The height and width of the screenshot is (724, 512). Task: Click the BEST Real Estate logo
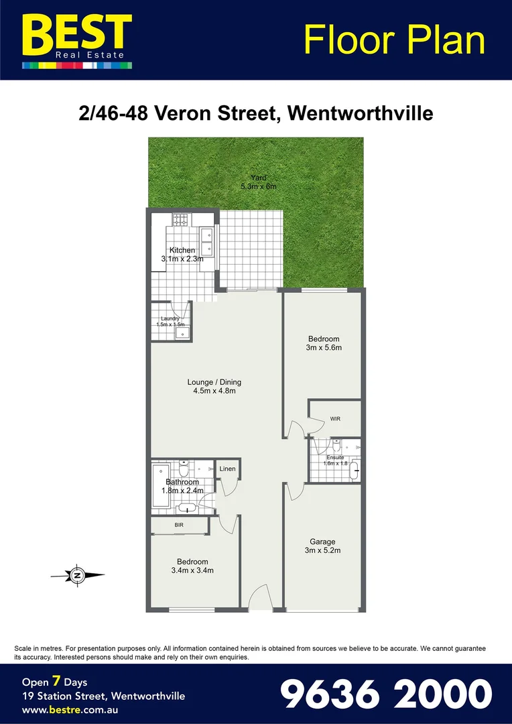[x=76, y=40]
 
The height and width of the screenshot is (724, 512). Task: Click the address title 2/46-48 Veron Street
[x=255, y=113]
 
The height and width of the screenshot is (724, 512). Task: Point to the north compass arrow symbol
[x=78, y=575]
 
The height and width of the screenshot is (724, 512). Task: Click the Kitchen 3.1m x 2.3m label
[x=182, y=255]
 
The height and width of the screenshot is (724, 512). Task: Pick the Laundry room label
[x=170, y=322]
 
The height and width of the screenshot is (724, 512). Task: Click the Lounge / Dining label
[x=214, y=387]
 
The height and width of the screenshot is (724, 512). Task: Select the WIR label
[x=335, y=418]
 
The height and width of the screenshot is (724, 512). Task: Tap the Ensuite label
[x=335, y=460]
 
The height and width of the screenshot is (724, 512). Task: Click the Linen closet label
[x=227, y=469]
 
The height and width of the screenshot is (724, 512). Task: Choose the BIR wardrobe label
[x=179, y=526]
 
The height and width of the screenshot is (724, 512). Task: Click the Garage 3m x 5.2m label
[x=322, y=546]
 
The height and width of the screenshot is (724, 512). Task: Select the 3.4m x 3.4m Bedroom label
[x=192, y=566]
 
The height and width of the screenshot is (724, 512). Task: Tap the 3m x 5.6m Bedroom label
[x=324, y=343]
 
